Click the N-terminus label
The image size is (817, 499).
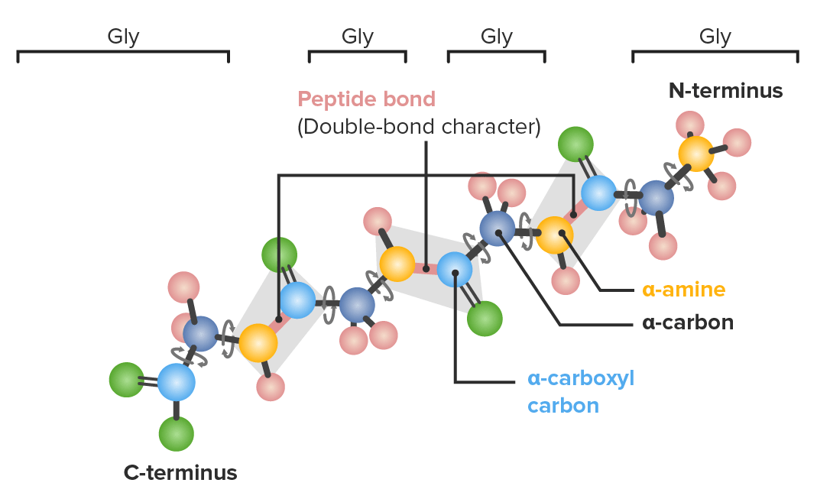[725, 91]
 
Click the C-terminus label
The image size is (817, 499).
[180, 472]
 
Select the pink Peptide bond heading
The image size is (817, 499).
[366, 99]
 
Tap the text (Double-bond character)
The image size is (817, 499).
[419, 127]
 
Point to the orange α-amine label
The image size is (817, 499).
[683, 290]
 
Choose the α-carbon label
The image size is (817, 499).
[688, 322]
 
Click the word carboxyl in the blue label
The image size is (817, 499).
[590, 379]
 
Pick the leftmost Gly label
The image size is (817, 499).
[124, 37]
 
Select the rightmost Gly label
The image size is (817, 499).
[715, 37]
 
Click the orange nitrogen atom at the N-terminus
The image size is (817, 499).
[696, 154]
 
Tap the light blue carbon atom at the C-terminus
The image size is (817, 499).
[177, 382]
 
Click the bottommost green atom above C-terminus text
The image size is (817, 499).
[176, 433]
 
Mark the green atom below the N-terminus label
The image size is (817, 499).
[575, 144]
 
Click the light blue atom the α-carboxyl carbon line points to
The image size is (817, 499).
[454, 270]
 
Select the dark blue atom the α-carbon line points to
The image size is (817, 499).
[497, 228]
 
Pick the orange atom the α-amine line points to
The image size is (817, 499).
[554, 235]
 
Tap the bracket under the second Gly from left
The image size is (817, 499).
[358, 53]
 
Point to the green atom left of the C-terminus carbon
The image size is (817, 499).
[127, 380]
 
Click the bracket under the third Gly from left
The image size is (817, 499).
[497, 53]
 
